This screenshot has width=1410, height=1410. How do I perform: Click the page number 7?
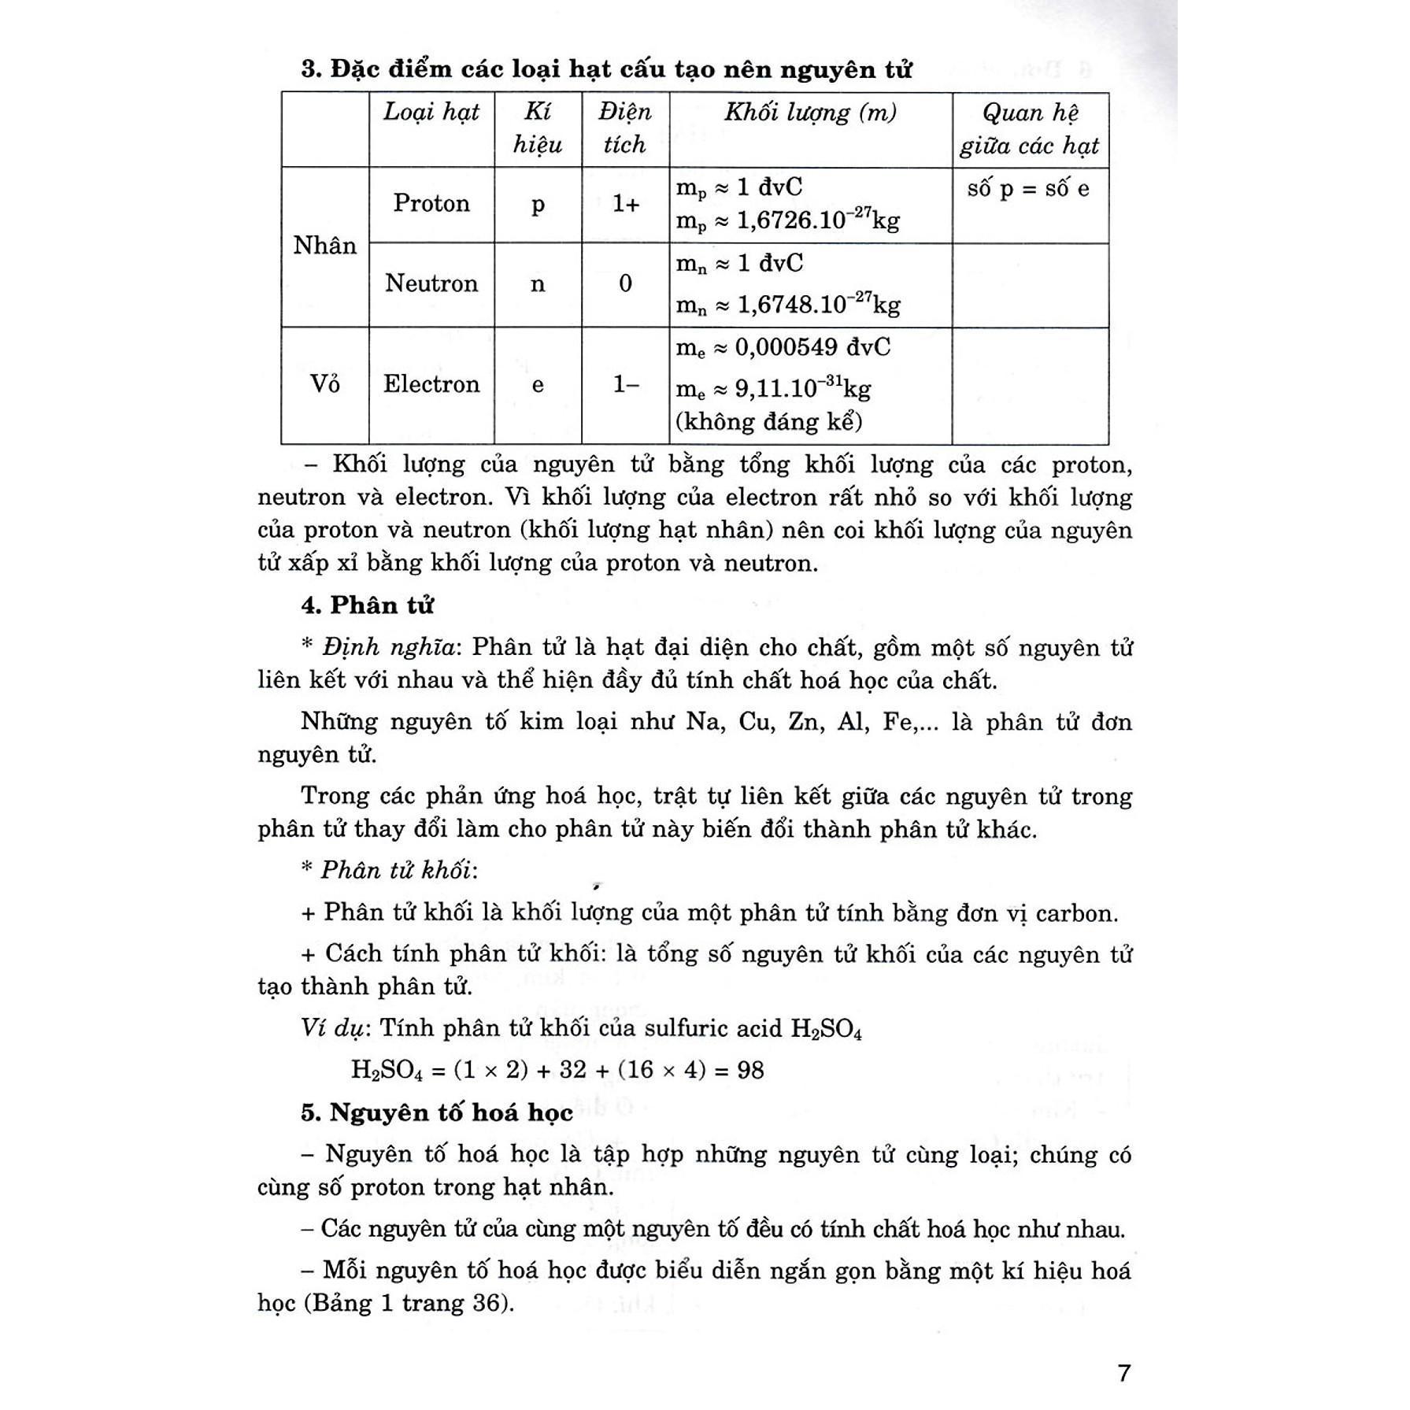pos(1123,1373)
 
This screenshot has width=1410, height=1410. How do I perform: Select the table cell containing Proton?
pos(431,204)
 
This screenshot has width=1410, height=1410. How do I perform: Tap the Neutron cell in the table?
pos(431,283)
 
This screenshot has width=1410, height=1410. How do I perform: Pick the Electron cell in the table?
pos(431,384)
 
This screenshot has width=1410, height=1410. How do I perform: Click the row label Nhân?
pos(324,246)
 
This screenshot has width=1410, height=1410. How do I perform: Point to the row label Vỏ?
pos(324,384)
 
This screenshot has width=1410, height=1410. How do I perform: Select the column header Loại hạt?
pos(431,113)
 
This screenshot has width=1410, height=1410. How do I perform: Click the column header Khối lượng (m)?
pos(810,113)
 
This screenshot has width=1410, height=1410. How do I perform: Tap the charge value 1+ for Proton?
pos(626,204)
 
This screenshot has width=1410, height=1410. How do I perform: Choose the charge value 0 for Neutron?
pos(625,283)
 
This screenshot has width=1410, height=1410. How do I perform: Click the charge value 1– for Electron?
pos(626,384)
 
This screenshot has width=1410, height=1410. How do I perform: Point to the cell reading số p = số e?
pos(1029,189)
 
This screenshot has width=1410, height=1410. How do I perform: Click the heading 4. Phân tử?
pos(367,605)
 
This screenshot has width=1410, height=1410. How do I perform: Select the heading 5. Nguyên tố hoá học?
pos(437,1112)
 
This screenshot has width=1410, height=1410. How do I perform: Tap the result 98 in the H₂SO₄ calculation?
pos(750,1070)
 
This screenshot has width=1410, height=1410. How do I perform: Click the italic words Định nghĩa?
pos(388,647)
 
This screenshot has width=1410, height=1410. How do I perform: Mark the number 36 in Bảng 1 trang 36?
pos(490,1304)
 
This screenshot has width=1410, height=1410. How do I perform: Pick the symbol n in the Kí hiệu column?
pos(538,283)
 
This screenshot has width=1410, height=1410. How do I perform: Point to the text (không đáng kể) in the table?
pos(769,422)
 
